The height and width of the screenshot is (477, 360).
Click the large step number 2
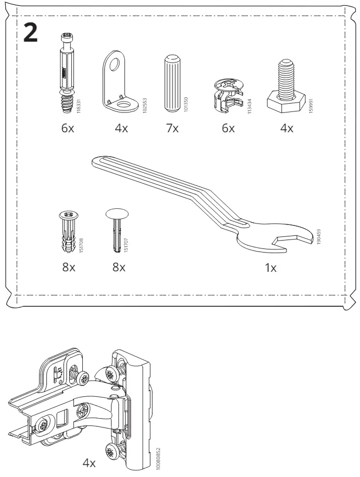(x=30, y=33)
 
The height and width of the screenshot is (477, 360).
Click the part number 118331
(x=79, y=106)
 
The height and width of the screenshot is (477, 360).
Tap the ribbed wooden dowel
(x=173, y=83)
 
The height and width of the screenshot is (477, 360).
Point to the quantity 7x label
(x=172, y=129)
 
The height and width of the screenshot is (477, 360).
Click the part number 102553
(x=145, y=106)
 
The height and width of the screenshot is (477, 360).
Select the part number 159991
(x=311, y=106)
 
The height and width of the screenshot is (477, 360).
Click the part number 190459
(x=319, y=237)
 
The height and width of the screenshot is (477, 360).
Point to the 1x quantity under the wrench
(x=270, y=268)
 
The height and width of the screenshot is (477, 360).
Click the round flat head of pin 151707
(x=117, y=214)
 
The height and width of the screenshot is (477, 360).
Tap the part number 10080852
(x=158, y=458)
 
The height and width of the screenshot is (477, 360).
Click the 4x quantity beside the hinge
(x=89, y=463)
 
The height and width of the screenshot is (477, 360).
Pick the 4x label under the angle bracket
(x=121, y=129)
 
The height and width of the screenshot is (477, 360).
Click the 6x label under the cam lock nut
(x=228, y=129)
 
